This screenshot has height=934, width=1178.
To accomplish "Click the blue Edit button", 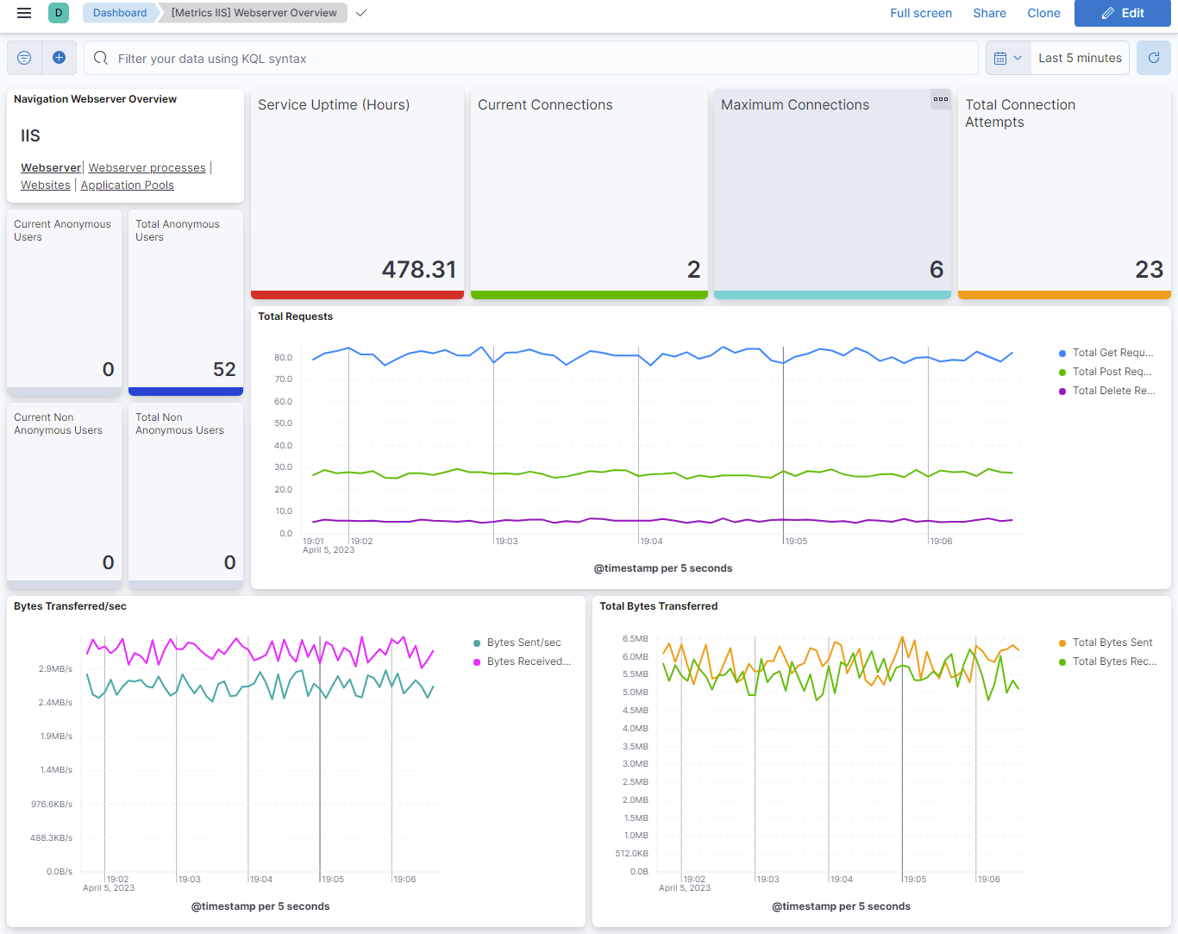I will (x=1122, y=13).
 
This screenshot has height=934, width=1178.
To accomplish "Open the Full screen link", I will (x=920, y=13).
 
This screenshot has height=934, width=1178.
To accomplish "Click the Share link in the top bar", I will (x=989, y=13).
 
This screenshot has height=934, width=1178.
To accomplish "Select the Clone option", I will (x=1043, y=13).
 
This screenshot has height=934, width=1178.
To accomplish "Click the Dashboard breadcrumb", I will (x=120, y=13).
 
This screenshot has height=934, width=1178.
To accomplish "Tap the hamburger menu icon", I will (x=24, y=13).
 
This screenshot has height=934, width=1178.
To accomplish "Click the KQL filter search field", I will (x=535, y=59).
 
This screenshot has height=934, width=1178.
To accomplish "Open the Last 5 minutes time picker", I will (x=1080, y=58).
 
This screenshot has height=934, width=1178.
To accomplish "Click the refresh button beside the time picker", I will (x=1153, y=58).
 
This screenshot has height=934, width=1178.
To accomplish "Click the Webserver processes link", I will (x=147, y=168).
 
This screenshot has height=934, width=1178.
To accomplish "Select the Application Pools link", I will (x=127, y=185).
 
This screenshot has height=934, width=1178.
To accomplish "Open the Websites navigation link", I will (x=46, y=185).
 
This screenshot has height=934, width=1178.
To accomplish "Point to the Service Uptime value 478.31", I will (x=418, y=270).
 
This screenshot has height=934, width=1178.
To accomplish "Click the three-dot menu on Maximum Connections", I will (x=940, y=99).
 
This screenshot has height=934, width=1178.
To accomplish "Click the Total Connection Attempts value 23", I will (x=1149, y=270).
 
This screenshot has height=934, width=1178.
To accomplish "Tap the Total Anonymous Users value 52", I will (x=224, y=370).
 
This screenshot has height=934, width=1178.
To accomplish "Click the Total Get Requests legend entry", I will (x=1112, y=353).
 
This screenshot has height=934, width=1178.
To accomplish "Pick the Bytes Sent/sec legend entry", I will (x=523, y=643).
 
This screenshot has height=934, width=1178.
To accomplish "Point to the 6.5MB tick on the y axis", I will (x=635, y=639).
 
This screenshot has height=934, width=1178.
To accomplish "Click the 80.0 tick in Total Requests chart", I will (x=283, y=357).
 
